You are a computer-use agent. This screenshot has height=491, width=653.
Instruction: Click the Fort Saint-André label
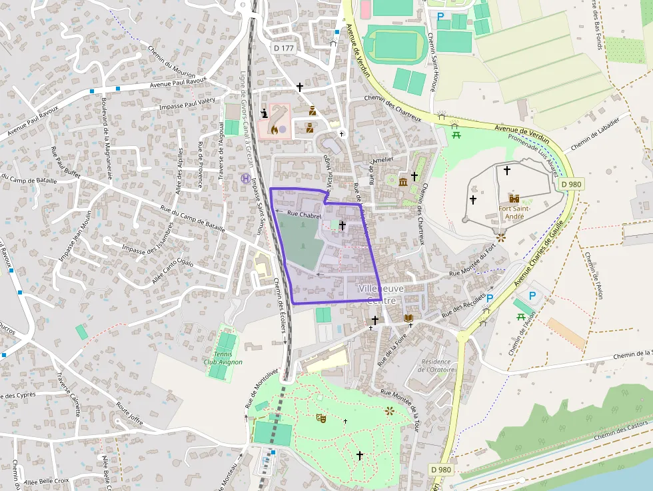pyautogui.click(x=514, y=213)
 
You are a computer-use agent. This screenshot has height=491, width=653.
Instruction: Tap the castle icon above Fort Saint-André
pyautogui.click(x=514, y=198)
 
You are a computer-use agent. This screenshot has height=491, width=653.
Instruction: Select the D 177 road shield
pyautogui.click(x=284, y=48)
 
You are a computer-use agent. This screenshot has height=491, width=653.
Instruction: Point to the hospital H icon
pyautogui.click(x=245, y=179)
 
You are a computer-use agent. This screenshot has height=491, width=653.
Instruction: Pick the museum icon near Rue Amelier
pyautogui.click(x=403, y=182)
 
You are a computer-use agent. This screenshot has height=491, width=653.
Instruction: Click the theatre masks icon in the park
pyautogui.click(x=321, y=418)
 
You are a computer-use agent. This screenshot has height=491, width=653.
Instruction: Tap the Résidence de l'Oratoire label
pyautogui.click(x=436, y=366)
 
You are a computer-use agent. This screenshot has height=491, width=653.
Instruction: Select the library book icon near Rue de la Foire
pyautogui.click(x=408, y=318)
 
